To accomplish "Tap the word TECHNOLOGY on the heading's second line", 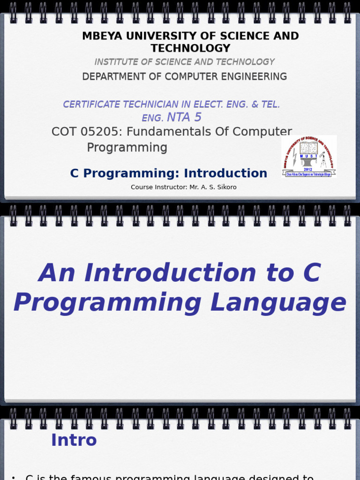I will click(190, 48).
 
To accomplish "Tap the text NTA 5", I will click(184, 118).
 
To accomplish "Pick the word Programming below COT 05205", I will click(127, 148).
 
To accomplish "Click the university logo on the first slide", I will click(309, 157).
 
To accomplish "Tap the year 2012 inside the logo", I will click(307, 169).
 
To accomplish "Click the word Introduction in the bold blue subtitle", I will click(225, 173).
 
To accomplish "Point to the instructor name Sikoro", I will click(226, 187).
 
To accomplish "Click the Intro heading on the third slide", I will click(74, 440).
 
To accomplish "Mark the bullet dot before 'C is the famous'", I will click(13, 478).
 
